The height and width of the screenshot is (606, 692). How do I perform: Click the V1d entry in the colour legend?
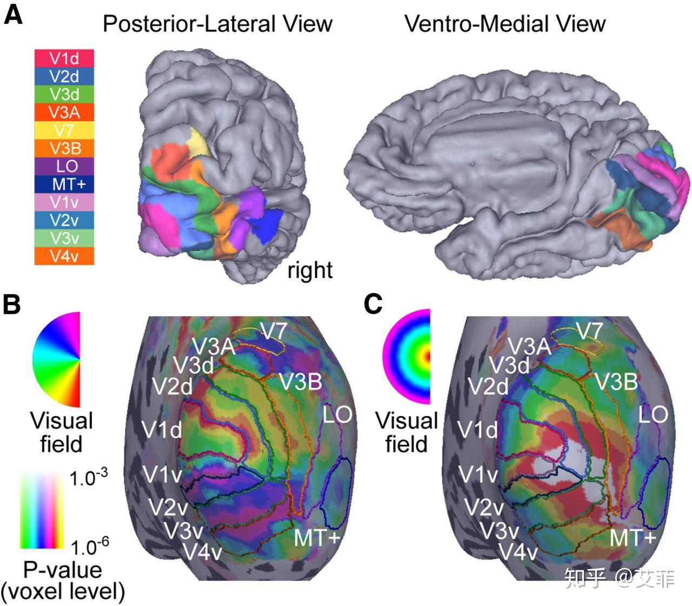point(64,58)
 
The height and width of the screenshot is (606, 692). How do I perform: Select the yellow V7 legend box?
point(64,130)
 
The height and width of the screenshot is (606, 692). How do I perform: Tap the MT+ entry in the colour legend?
point(64,184)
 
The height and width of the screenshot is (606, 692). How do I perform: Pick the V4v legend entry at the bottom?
point(64,256)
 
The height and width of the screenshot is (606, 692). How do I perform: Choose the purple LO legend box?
point(64,166)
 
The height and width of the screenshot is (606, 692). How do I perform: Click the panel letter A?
point(13,16)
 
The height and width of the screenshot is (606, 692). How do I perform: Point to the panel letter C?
point(372,304)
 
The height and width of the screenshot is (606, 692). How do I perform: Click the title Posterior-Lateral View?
point(217,24)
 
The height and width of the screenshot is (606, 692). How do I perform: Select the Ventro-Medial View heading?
point(504,24)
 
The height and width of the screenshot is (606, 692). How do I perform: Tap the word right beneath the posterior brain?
point(310,271)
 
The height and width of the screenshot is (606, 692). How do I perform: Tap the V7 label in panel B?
point(274,331)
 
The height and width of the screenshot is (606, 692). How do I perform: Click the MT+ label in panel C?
point(633,537)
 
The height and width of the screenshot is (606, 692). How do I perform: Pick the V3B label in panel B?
point(301,382)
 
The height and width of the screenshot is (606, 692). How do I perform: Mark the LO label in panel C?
point(653,414)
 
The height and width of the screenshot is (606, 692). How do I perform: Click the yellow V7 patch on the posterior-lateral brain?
point(199,142)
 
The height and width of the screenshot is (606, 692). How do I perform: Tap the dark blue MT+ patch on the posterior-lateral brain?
point(267,224)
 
